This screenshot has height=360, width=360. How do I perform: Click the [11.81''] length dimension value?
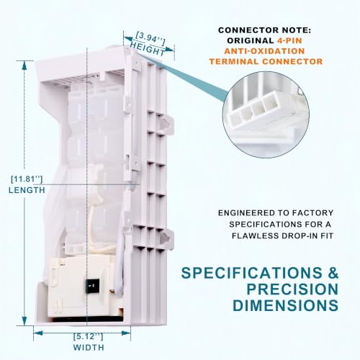pos(27,179)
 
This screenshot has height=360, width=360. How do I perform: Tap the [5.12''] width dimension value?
pos(89,336)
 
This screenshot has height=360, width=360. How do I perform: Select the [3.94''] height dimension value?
pos(150,38)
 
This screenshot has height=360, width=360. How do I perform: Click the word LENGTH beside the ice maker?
pos(27,190)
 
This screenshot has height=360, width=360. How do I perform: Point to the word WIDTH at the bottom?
pos(89,347)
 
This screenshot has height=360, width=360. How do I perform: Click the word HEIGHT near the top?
pos(148,49)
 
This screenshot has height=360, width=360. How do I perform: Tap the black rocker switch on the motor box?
pos(91,286)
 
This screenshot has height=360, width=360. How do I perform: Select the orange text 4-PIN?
pos(289,40)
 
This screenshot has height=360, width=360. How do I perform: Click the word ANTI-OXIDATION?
pos(264,51)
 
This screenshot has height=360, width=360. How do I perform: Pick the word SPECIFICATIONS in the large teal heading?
pos(252,273)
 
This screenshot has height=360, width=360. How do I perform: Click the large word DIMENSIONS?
pos(285,305)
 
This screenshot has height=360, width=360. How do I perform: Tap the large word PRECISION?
pos(292,289)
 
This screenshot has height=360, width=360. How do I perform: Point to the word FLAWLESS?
pos(254,235)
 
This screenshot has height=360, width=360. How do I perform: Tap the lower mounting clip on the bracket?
pos(166,238)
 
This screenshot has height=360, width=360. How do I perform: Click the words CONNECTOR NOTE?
pos(264,30)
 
